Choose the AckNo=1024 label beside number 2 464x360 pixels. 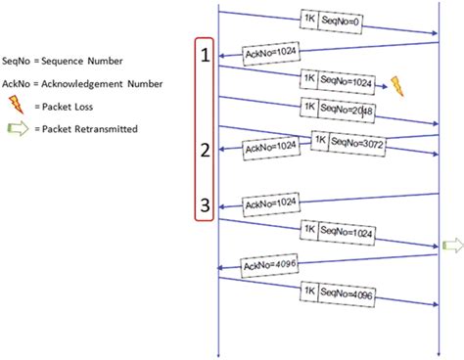[271, 147]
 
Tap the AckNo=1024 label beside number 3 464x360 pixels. [271, 204]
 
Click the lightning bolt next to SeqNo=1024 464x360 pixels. [397, 85]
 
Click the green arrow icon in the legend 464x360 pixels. [18, 128]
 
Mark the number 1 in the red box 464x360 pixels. [205, 56]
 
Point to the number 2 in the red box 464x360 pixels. [205, 150]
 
